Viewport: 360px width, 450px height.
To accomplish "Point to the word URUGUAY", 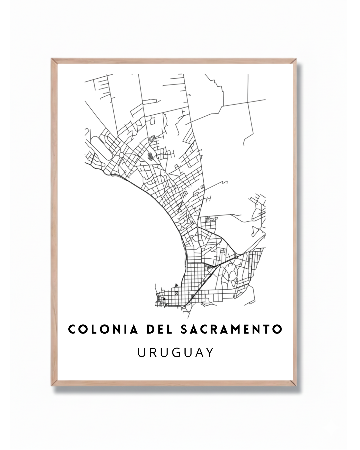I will tap(176, 352).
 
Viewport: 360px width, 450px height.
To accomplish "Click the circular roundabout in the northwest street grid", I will tap(121, 155).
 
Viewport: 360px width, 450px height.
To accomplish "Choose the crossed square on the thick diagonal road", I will tap(193, 297).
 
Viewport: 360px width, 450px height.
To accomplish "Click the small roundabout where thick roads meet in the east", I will tap(236, 257).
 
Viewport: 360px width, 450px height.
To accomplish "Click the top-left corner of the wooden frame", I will tap(52, 59).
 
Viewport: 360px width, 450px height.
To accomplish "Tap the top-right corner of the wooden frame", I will tap(296, 59).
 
